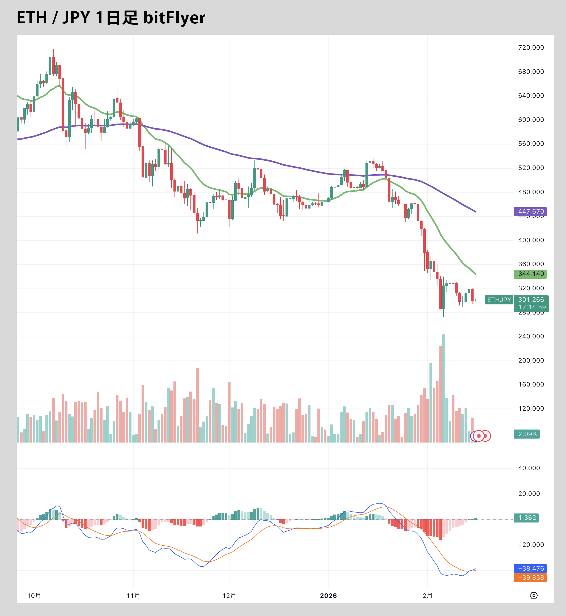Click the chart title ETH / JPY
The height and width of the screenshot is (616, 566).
54,18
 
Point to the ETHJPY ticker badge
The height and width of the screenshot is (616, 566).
499,300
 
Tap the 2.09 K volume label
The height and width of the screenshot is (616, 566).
527,434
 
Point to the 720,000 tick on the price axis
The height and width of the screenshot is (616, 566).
531,48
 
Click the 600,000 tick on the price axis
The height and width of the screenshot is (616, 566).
531,120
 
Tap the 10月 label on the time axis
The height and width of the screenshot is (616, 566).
34,596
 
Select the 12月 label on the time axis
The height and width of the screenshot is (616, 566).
229,596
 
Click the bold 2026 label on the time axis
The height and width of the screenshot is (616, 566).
328,596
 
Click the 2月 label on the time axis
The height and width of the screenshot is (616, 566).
427,596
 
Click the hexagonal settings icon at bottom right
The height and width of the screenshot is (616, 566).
534,596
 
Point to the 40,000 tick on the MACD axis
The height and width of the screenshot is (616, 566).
529,468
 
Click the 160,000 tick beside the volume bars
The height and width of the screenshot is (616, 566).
531,384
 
